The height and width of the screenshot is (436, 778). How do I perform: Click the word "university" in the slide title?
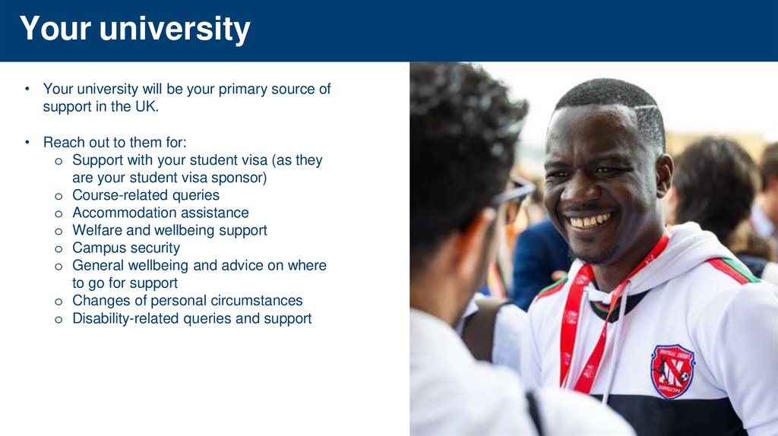pos(175,29)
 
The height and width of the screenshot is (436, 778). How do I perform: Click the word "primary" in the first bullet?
pos(242,89)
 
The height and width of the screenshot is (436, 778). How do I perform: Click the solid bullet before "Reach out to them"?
pos(26,142)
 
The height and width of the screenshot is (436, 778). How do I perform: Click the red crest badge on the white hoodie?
pos(672,371)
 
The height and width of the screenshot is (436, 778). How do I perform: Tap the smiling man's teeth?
pos(591,221)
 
